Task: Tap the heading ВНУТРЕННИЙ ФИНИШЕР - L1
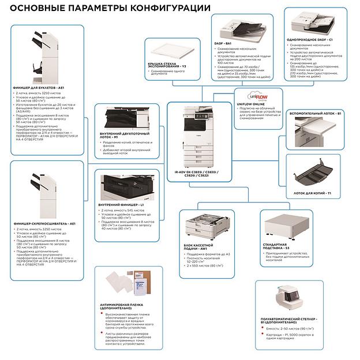click(122, 205)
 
